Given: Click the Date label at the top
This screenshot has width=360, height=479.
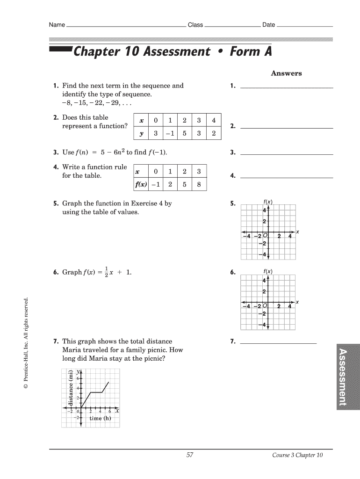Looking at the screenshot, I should click(268, 25).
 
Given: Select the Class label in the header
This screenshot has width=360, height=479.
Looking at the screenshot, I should click(195, 25).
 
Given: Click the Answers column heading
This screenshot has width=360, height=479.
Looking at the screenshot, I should click(286, 73).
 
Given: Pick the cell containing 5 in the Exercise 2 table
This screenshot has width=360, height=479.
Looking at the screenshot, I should click(185, 133).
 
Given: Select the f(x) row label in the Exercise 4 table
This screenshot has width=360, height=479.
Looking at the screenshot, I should click(141, 184).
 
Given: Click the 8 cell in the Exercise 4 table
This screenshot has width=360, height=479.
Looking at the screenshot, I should click(199, 184).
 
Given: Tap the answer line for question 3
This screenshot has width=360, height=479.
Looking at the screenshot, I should click(286, 154).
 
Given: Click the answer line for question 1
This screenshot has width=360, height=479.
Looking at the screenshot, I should click(286, 87).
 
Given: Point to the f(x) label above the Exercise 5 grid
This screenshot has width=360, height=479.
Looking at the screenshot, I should click(268, 202).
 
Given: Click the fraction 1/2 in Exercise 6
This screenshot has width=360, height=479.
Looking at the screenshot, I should click(106, 272).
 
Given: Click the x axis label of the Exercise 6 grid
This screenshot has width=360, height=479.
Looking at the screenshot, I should click(297, 302).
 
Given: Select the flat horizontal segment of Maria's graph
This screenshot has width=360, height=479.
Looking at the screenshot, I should click(96, 392).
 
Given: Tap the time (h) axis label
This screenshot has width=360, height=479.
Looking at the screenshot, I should click(100, 418).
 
